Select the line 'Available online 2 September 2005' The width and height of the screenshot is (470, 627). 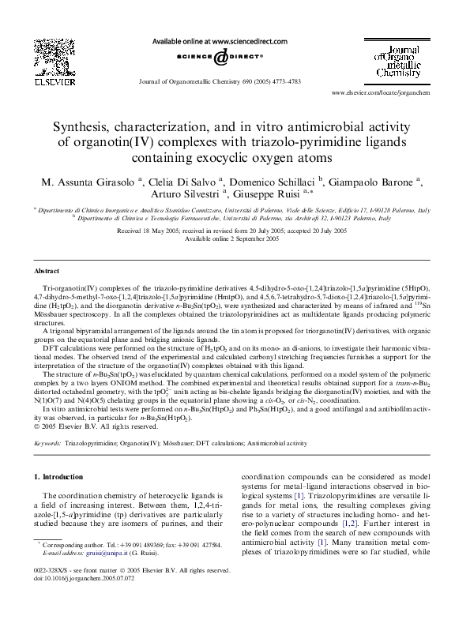point(235,238)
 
